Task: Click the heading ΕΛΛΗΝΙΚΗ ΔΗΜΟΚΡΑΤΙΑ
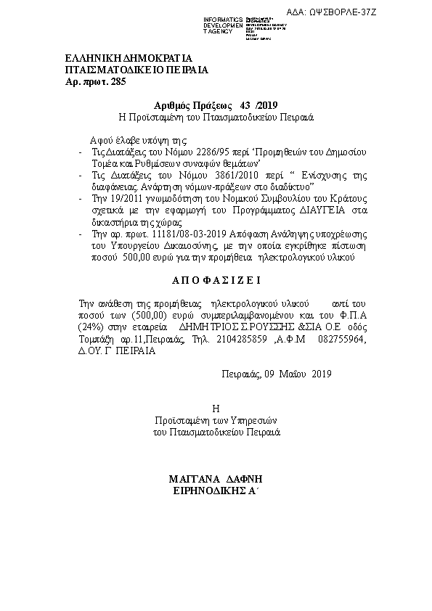click(x=128, y=58)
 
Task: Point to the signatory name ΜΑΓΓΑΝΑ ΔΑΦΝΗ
click(x=214, y=480)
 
